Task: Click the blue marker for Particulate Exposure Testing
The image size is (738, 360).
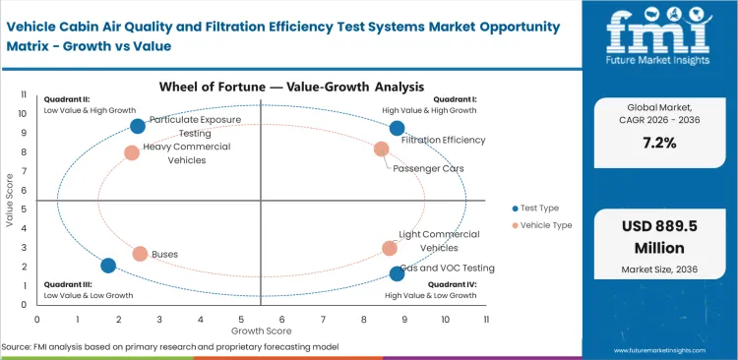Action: click(138, 126)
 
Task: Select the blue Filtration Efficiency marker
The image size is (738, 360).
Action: click(397, 128)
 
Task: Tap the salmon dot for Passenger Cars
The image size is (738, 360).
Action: click(382, 150)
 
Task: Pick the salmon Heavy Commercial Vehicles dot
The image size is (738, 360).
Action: click(132, 152)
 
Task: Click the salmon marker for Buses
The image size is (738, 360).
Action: click(140, 254)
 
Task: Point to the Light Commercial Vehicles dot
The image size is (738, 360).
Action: click(390, 249)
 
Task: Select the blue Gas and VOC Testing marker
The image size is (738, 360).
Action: click(397, 273)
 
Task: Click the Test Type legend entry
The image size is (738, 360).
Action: click(537, 208)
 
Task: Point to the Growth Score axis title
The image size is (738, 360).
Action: click(262, 330)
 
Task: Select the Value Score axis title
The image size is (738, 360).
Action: click(11, 202)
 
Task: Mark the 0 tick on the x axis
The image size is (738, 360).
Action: click(37, 320)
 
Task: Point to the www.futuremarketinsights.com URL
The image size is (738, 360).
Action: click(668, 349)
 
